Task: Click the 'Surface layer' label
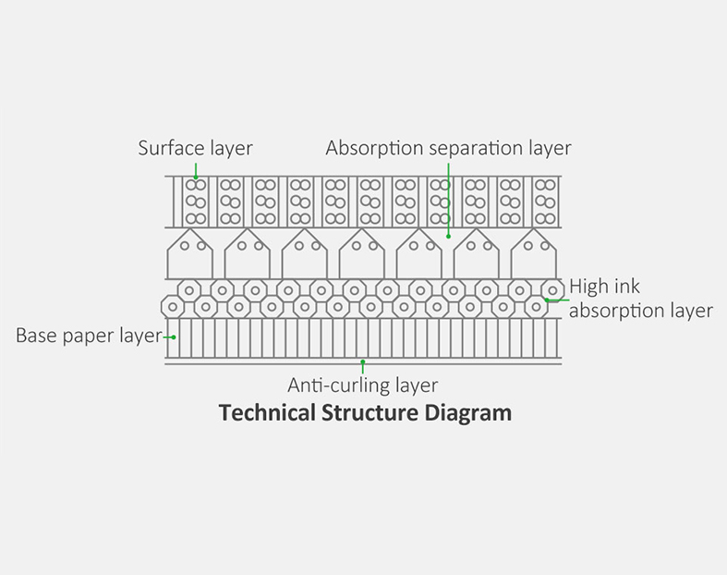(x=195, y=148)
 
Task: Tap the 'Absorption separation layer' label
(x=448, y=148)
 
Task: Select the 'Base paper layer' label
(x=89, y=336)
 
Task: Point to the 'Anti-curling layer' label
(x=362, y=385)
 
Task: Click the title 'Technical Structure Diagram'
(x=365, y=412)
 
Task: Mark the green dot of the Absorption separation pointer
(x=449, y=236)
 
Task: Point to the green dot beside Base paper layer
(x=175, y=337)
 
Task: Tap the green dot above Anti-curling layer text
(x=363, y=361)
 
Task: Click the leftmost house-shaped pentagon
(x=189, y=253)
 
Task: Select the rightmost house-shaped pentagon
(x=534, y=253)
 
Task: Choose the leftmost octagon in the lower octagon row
(x=173, y=306)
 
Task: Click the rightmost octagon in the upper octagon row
(x=552, y=289)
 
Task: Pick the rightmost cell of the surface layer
(x=545, y=202)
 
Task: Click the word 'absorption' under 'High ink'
(x=612, y=311)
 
